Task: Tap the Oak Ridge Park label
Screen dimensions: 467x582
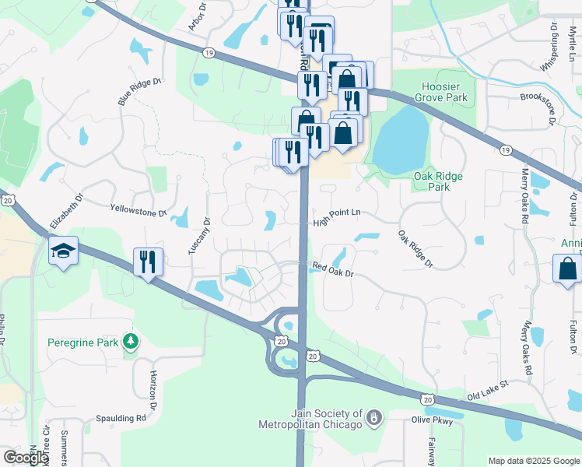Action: coord(439,181)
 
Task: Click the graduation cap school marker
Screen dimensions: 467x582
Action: coord(63,251)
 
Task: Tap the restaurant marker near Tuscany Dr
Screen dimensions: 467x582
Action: coord(147,262)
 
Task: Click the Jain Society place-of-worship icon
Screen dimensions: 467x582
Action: coord(374,419)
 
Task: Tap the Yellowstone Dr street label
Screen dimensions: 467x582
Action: coord(138,210)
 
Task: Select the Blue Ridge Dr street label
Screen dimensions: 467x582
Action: coord(138,91)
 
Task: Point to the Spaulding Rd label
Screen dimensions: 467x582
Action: coord(121,418)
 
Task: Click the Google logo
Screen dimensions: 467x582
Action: coord(26,458)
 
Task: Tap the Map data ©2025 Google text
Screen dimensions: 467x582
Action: coord(533,461)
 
